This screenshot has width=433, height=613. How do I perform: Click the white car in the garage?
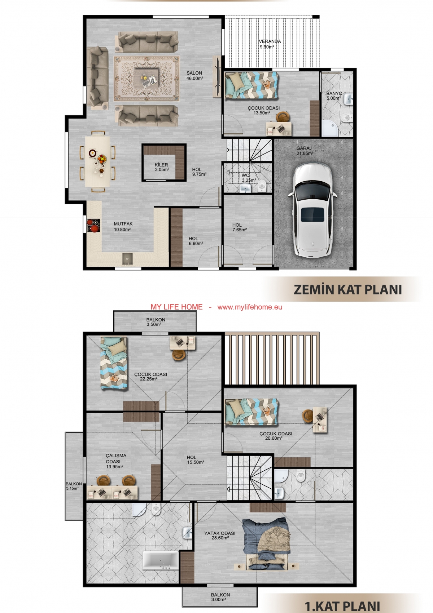(x=312, y=210)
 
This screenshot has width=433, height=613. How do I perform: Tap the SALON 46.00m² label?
(x=194, y=76)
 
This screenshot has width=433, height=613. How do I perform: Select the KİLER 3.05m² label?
(x=162, y=167)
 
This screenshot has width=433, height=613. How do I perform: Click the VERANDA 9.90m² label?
(x=270, y=44)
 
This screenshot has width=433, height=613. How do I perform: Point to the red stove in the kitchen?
(x=93, y=226)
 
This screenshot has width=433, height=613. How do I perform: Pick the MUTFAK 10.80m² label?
(x=123, y=227)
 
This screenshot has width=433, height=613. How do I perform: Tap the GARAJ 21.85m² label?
(x=305, y=151)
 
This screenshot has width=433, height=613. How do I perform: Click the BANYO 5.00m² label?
(x=334, y=96)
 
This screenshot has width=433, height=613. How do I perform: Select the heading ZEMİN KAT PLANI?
(x=347, y=289)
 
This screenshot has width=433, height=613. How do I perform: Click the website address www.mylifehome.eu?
(x=250, y=307)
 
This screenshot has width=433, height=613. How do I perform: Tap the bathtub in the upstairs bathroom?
(x=161, y=560)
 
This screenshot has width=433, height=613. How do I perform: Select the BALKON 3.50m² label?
(x=156, y=322)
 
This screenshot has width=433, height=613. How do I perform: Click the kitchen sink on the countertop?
(x=127, y=258)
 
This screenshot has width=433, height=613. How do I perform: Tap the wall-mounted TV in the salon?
(x=218, y=77)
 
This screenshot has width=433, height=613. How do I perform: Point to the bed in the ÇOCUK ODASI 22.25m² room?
(x=113, y=363)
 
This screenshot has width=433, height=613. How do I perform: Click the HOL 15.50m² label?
(x=196, y=460)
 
